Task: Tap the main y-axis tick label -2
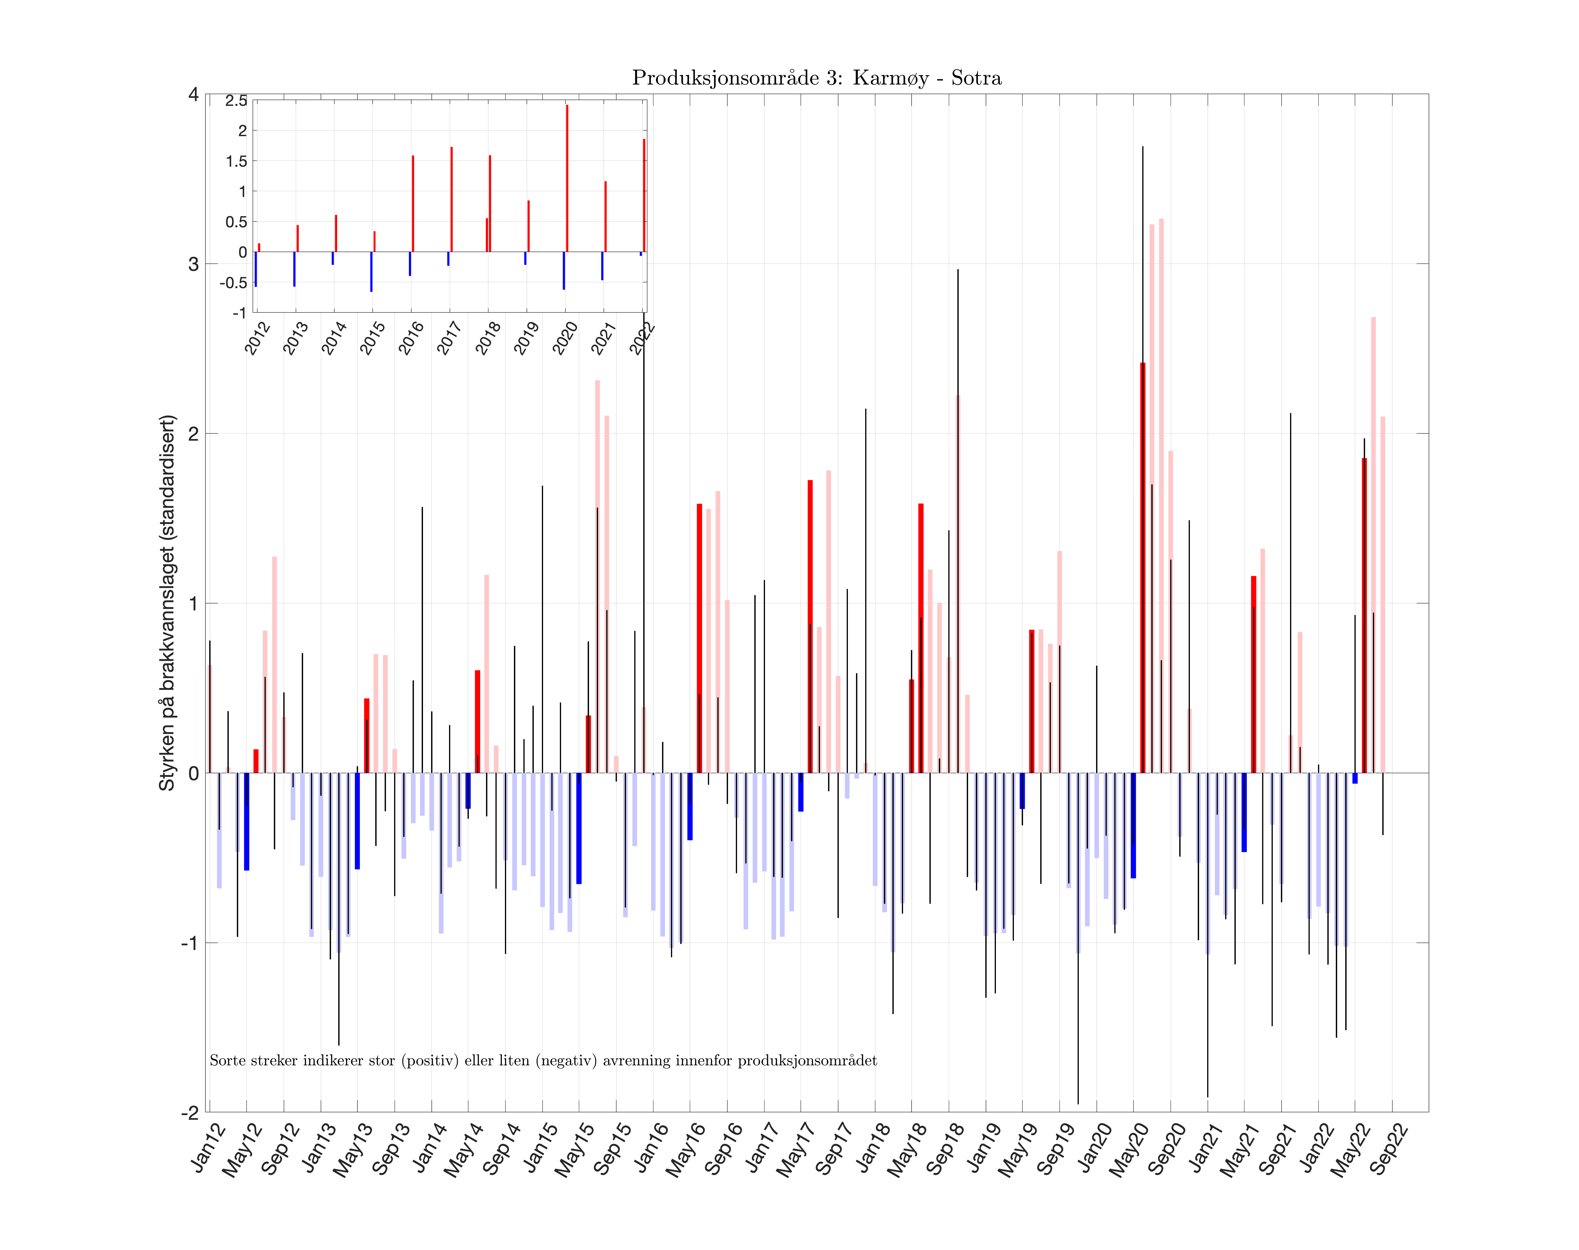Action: [190, 1112]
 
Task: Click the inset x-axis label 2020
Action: [564, 338]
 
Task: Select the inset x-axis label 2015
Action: [372, 338]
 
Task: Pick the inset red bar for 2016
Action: [413, 203]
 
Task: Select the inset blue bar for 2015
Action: [371, 272]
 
